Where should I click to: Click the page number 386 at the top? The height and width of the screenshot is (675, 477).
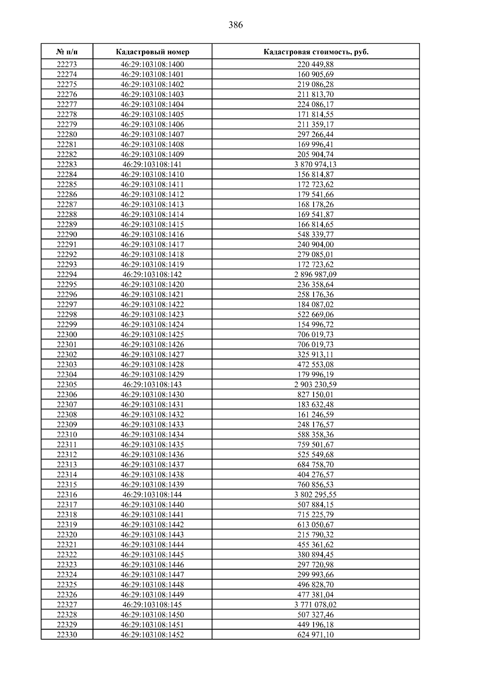click(x=236, y=25)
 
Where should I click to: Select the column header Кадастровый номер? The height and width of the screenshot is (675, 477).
click(x=153, y=52)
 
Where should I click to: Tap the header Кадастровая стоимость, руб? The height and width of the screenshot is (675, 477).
click(x=316, y=52)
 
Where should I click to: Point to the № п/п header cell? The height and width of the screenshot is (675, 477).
click(x=67, y=52)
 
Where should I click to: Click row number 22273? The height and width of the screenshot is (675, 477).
click(x=67, y=64)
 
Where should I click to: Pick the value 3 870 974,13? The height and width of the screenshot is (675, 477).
click(x=316, y=165)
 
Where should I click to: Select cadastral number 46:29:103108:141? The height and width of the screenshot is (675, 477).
click(x=152, y=165)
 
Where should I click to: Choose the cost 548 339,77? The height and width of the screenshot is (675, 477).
click(x=316, y=235)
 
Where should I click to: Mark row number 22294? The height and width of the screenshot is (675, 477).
click(x=67, y=275)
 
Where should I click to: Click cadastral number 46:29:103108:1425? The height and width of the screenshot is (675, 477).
click(x=152, y=335)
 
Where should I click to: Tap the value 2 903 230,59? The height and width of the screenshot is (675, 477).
click(x=316, y=385)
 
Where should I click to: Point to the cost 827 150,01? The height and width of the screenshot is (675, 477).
click(x=316, y=395)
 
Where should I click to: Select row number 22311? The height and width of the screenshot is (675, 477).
click(x=67, y=445)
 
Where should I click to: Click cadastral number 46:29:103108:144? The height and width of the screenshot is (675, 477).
click(x=152, y=495)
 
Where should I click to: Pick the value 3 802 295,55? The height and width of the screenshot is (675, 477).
click(x=316, y=495)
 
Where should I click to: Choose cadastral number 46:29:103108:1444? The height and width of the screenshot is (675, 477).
click(x=152, y=545)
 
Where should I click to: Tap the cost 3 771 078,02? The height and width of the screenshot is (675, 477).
click(x=316, y=605)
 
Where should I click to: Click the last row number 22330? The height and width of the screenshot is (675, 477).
click(x=67, y=635)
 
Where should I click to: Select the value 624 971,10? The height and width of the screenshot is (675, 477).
click(x=316, y=635)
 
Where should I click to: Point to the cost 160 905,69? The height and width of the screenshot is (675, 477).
click(x=316, y=74)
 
